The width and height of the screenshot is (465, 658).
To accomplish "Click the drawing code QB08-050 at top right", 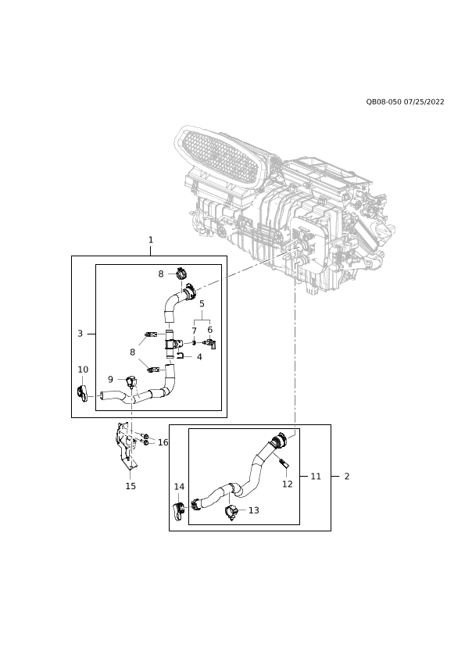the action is [384, 102].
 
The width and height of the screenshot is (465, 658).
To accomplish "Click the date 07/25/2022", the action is [424, 102].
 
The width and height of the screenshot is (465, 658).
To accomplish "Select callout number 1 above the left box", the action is [151, 240].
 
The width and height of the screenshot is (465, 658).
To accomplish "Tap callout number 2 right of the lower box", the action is [347, 476].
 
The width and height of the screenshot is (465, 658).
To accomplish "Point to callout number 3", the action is [80, 334].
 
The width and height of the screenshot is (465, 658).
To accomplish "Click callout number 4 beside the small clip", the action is [199, 357].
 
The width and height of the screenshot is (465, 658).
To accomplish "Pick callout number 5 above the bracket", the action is [202, 303].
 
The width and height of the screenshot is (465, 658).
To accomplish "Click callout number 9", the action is [110, 379].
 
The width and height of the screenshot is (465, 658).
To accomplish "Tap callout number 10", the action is [83, 370].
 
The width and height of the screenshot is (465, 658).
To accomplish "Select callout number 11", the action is [316, 476].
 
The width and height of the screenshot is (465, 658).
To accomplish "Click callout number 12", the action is [287, 484].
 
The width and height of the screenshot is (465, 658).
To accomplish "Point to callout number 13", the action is [254, 510].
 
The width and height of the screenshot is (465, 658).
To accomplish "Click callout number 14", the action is [179, 487].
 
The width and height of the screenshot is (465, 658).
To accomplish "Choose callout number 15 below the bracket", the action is [131, 486].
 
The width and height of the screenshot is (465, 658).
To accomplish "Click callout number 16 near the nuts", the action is [163, 442].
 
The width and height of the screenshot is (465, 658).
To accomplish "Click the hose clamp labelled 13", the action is [232, 513].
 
